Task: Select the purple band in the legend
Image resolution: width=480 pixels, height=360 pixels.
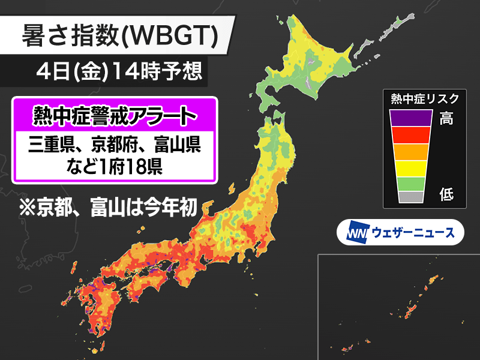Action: click(410, 118)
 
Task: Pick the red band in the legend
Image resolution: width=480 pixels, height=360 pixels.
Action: click(410, 134)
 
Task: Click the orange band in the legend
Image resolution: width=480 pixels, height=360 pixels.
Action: click(410, 151)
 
